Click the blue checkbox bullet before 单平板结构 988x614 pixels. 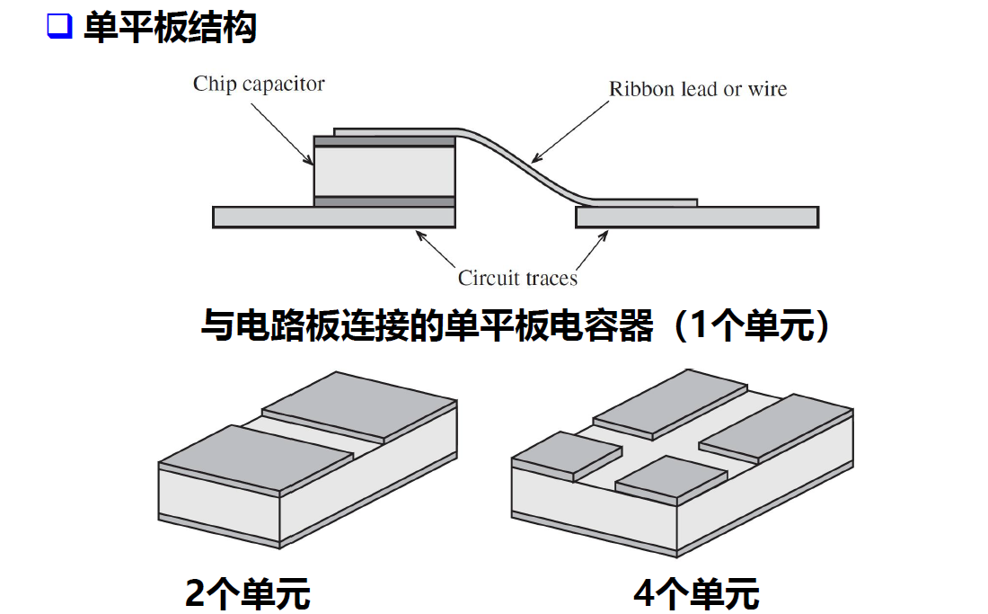[59, 27]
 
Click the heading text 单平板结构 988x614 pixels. [170, 27]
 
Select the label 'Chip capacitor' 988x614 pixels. [259, 85]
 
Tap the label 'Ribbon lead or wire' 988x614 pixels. [697, 89]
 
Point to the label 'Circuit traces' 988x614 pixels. [517, 278]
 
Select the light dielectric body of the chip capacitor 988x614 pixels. [384, 171]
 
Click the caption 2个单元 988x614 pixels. [247, 593]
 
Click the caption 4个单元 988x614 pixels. [696, 593]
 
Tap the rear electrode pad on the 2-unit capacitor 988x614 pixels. [359, 405]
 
